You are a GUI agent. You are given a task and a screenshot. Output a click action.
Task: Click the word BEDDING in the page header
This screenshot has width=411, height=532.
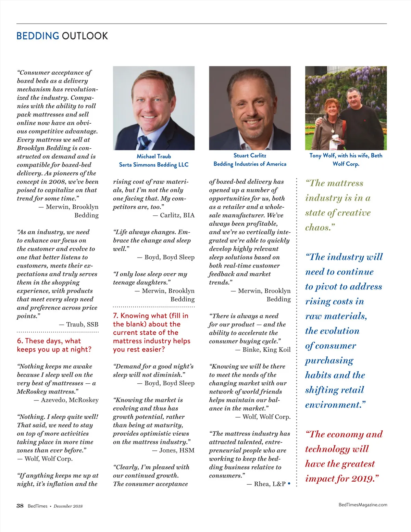(38, 36)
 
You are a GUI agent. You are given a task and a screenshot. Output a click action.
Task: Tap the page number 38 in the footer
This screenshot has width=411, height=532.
(20, 506)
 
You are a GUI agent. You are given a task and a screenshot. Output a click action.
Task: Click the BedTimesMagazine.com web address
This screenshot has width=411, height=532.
(363, 505)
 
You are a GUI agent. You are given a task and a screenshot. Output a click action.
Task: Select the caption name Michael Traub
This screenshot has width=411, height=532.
(154, 156)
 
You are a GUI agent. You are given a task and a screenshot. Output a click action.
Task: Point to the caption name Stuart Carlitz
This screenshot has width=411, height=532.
(250, 156)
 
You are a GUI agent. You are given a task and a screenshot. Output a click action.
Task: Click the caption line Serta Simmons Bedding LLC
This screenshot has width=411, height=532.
(154, 165)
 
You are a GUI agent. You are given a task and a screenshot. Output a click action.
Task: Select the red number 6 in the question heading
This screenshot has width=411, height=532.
(20, 341)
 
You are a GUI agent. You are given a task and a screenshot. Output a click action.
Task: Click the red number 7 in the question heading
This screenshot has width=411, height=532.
(115, 316)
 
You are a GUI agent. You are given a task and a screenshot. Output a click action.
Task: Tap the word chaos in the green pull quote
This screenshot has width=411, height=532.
(318, 227)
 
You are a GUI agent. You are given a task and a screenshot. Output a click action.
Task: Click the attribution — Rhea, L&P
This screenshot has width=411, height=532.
(266, 484)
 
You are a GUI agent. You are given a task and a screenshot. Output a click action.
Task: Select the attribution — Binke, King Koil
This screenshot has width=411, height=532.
(263, 350)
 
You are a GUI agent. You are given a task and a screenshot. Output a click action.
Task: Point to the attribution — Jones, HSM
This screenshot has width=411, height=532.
(173, 450)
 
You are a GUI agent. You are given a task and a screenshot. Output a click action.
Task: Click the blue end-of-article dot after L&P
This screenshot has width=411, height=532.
(289, 484)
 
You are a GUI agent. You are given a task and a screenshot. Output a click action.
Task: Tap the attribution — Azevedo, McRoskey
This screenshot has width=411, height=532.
(66, 400)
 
